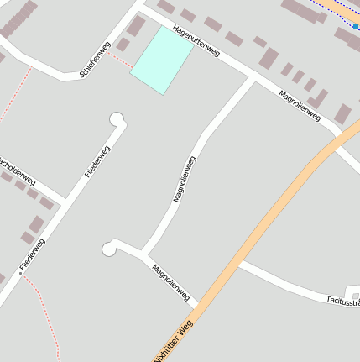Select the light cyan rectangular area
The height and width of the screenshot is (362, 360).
162,59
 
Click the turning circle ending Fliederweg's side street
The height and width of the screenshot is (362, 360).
117,120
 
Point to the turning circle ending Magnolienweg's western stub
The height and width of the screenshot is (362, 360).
109,248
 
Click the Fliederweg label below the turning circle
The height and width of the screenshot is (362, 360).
97,162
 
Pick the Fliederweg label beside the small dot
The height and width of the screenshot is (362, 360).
33,254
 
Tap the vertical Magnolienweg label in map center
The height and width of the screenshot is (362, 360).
184,179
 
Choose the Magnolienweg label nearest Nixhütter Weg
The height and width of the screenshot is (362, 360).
170,282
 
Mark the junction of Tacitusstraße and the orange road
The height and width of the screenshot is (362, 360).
238,263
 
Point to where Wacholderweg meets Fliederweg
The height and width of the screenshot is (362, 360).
64,202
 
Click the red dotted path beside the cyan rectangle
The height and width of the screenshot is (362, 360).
120,60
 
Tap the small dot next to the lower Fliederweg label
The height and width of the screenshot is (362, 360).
20,273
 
